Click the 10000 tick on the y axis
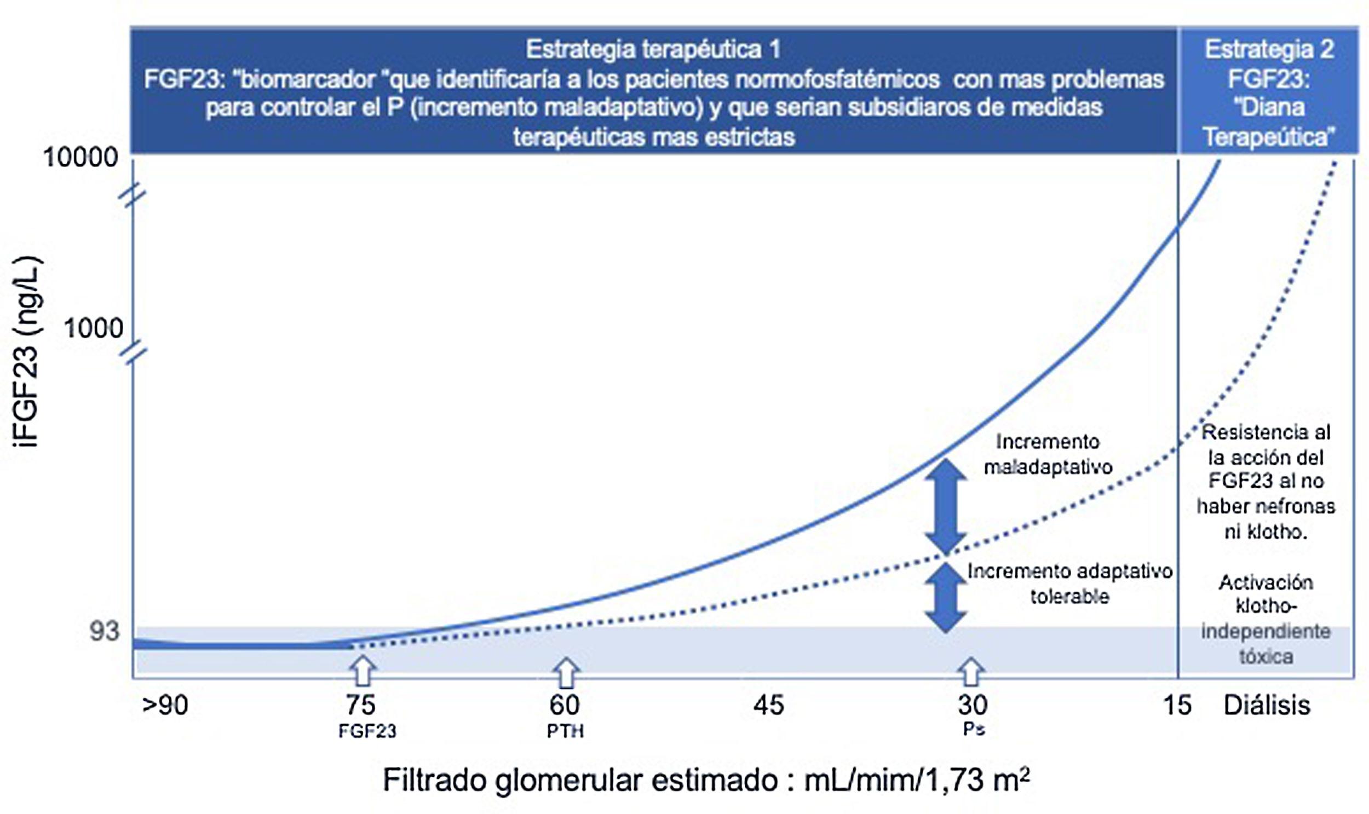pyautogui.click(x=80, y=158)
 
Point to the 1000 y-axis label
pyautogui.click(x=93, y=328)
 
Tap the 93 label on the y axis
pyautogui.click(x=103, y=631)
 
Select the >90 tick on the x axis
pyautogui.click(x=165, y=705)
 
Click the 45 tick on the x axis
pyautogui.click(x=768, y=705)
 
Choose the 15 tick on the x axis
pyautogui.click(x=1177, y=705)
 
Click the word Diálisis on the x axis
pyautogui.click(x=1267, y=705)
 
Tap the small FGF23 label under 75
pyautogui.click(x=367, y=731)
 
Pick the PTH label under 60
pyautogui.click(x=565, y=731)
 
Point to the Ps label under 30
pyautogui.click(x=974, y=730)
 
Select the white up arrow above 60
pyautogui.click(x=566, y=672)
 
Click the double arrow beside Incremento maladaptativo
pyautogui.click(x=945, y=506)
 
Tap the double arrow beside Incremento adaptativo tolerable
pyautogui.click(x=945, y=598)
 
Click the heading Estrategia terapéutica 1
pyautogui.click(x=653, y=49)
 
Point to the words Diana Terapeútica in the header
pyautogui.click(x=1269, y=122)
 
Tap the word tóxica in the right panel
pyautogui.click(x=1266, y=656)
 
